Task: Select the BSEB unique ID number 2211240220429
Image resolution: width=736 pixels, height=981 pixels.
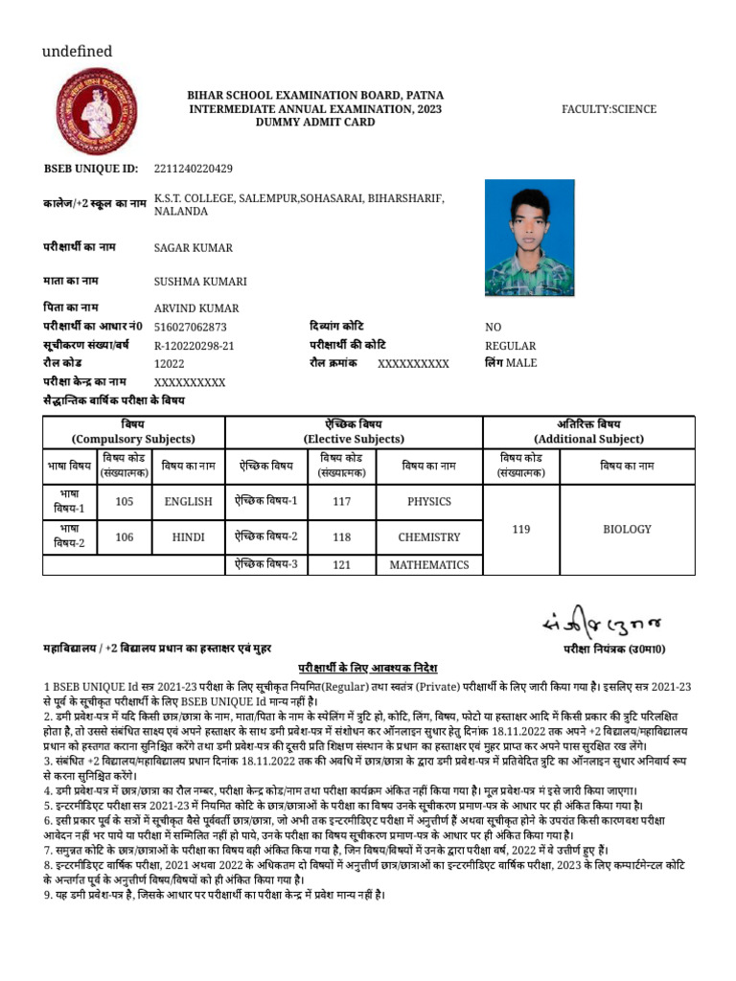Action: pos(193,170)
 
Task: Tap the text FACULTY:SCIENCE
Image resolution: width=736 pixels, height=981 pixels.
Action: pos(609,109)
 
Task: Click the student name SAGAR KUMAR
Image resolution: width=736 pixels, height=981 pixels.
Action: pos(193,248)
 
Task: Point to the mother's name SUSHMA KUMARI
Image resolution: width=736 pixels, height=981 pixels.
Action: pos(200,282)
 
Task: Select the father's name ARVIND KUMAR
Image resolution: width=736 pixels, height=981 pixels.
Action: pos(196,308)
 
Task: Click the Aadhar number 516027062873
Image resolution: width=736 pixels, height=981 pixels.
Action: pos(190,327)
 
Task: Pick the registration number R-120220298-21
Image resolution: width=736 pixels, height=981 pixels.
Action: pos(194,346)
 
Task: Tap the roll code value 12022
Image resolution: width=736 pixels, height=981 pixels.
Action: pos(169,364)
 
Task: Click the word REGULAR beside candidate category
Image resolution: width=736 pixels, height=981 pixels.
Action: pos(510,346)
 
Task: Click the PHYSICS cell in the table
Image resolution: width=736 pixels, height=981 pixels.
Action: pos(428,501)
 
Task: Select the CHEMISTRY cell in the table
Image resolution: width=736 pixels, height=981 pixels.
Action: pos(428,537)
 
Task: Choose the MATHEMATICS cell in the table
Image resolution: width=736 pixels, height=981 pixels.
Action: pos(428,565)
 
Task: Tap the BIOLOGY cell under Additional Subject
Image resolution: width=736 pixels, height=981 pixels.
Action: pos(627,529)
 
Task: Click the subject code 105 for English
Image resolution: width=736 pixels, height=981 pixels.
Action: pos(125,501)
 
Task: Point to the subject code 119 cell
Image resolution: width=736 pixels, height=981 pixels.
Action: pos(521,529)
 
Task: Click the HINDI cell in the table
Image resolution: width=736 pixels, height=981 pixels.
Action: pos(188,537)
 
